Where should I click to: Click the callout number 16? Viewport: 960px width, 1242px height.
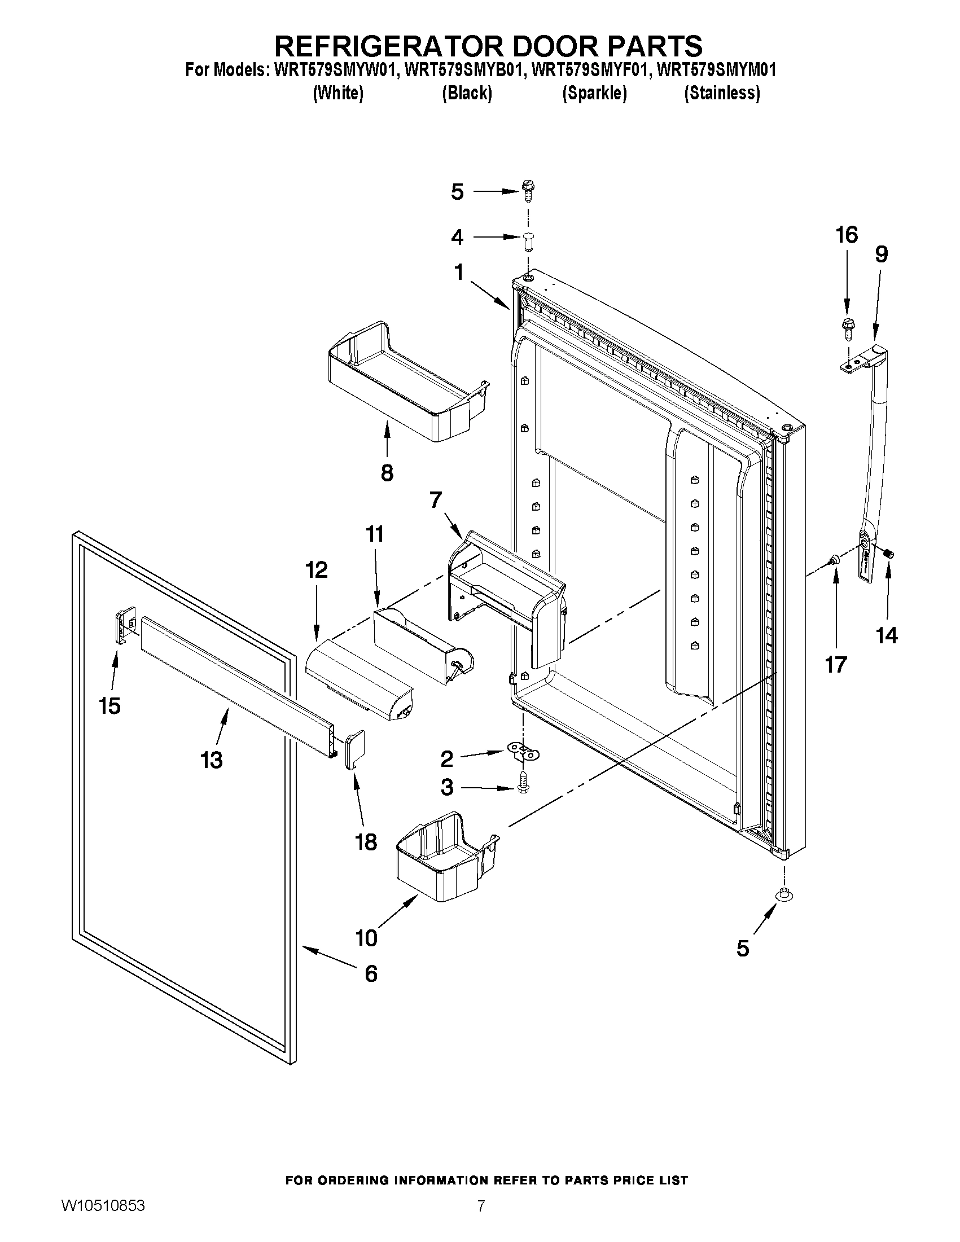point(846,235)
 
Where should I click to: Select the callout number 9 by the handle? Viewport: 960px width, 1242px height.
point(881,254)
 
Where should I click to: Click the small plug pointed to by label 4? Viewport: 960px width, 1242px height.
point(528,240)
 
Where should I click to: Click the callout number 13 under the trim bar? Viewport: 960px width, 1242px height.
point(212,760)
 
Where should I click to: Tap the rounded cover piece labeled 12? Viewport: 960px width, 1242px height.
point(358,681)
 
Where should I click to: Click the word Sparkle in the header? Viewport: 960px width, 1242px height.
point(594,93)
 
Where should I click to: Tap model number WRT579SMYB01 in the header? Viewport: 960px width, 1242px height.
point(463,70)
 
